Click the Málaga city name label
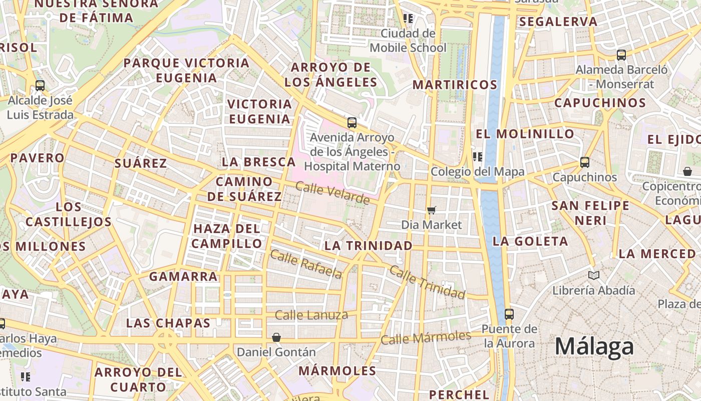click(x=594, y=346)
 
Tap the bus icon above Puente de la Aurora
click(x=509, y=314)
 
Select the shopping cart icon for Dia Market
click(x=432, y=211)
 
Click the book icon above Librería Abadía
click(x=594, y=275)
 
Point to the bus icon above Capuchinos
click(x=585, y=162)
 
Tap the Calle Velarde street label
click(x=332, y=193)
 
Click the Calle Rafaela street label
click(x=306, y=264)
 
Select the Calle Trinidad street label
click(x=427, y=282)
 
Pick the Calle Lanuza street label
click(x=311, y=315)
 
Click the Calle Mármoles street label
click(x=426, y=338)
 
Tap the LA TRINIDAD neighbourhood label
click(x=369, y=246)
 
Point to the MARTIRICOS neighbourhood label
click(x=455, y=85)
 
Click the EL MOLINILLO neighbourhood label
click(x=525, y=134)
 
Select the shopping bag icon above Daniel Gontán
click(x=276, y=338)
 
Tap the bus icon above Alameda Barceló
click(x=621, y=55)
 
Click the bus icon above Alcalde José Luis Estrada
click(x=40, y=86)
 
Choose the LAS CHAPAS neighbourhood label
click(x=168, y=323)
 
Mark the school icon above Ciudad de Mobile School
click(x=408, y=19)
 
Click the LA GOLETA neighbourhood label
click(x=530, y=241)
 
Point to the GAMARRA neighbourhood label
click(x=183, y=276)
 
